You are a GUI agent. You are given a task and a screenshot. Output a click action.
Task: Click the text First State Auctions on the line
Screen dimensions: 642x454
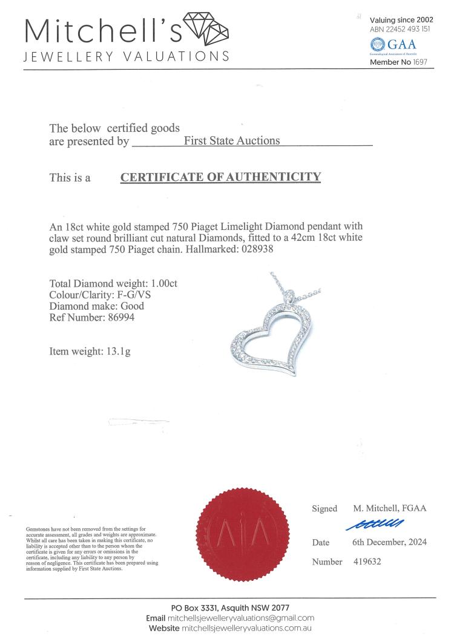(x=232, y=140)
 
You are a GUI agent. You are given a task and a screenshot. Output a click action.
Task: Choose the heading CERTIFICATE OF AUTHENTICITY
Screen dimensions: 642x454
(x=220, y=177)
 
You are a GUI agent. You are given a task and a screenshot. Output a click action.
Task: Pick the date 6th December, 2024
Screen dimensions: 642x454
(x=389, y=542)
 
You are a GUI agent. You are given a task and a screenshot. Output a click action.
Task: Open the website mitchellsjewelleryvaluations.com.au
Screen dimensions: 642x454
(x=251, y=629)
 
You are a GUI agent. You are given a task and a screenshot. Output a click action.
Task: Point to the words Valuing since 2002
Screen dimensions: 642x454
(x=401, y=20)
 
